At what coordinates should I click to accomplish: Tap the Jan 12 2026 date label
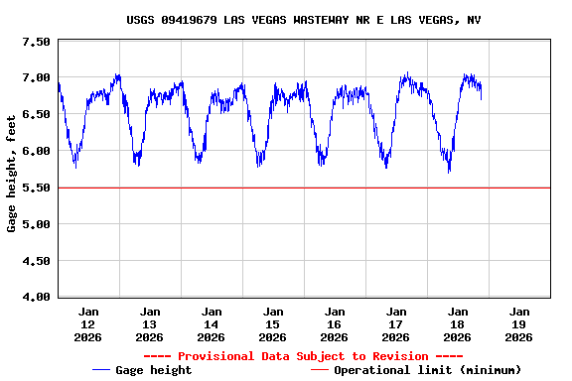click(88, 324)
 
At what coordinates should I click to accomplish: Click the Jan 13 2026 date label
click(150, 324)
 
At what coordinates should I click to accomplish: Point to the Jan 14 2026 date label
click(212, 324)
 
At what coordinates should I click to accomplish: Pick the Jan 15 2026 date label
click(273, 324)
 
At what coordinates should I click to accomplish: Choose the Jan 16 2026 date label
click(335, 324)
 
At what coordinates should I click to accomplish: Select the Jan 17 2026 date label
click(396, 324)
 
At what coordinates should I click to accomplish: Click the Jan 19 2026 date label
click(518, 324)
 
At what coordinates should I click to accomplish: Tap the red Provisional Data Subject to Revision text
click(303, 356)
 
